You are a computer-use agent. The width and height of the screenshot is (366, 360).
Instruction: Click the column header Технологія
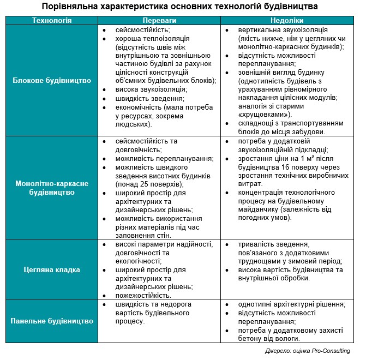point(52,20)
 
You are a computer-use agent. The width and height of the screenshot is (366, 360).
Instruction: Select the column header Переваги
point(159,20)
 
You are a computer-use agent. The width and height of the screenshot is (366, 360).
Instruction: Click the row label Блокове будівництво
point(52,80)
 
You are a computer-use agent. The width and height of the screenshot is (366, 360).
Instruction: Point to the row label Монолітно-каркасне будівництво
point(52,188)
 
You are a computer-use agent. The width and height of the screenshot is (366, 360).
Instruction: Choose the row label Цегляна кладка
point(52,269)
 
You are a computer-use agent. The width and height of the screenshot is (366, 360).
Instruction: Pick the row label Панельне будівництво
point(52,321)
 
